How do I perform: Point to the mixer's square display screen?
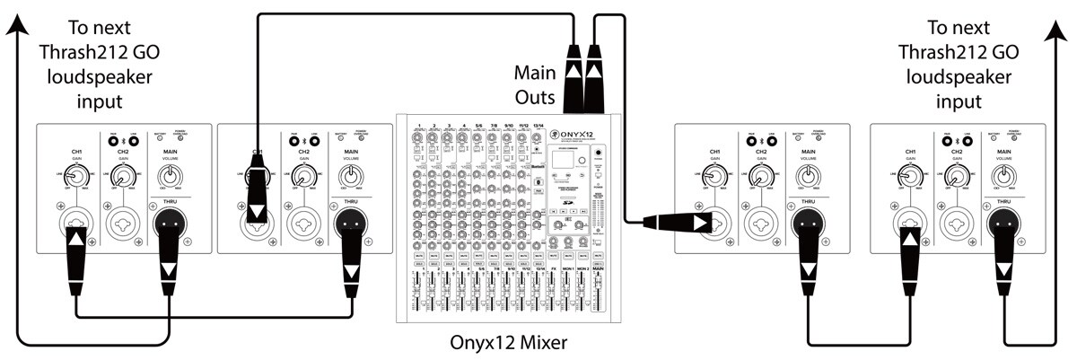tap(563, 162)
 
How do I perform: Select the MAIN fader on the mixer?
tap(598, 296)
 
